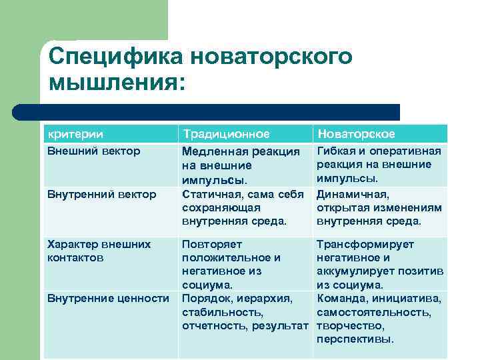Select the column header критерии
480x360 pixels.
[x=75, y=134]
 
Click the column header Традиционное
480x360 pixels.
[x=226, y=134]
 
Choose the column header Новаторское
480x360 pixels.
[x=357, y=134]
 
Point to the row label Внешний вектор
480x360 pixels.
[x=94, y=151]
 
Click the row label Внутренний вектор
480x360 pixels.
[x=102, y=194]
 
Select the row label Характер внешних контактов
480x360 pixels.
[x=99, y=251]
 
